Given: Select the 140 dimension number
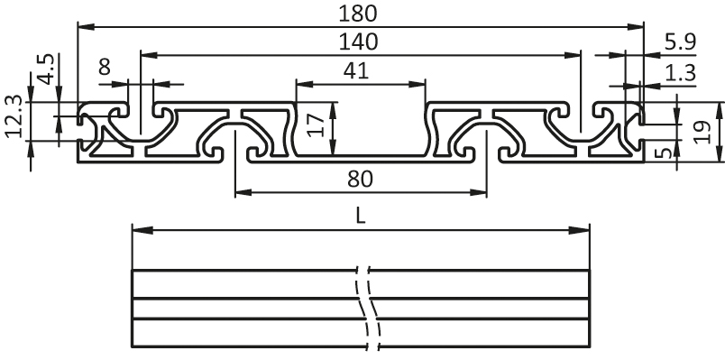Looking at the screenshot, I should [x=359, y=41].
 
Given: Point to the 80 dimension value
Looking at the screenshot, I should [x=359, y=179].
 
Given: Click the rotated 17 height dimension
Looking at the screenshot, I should [x=315, y=124].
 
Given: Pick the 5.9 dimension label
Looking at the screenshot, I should [x=679, y=41].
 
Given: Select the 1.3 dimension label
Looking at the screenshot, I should [x=679, y=72].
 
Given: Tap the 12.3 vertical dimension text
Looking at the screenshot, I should [x=13, y=117].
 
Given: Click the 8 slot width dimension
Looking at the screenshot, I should [x=105, y=66].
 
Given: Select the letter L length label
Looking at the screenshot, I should [x=360, y=215].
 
